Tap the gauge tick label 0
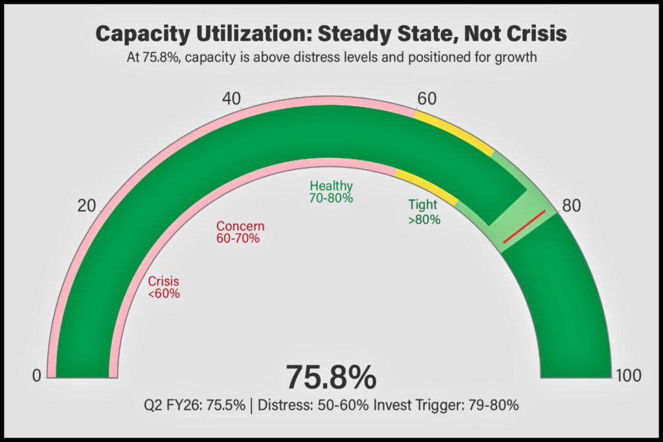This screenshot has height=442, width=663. (x=37, y=375)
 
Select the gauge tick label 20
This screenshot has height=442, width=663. (x=87, y=206)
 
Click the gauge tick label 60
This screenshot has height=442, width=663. (x=427, y=99)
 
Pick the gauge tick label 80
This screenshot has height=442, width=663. (x=571, y=206)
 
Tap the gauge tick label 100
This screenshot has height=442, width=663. (x=629, y=375)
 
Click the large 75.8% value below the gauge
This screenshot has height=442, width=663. (x=331, y=377)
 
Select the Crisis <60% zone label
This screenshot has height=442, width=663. (x=163, y=288)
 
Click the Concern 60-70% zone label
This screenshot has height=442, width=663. (x=240, y=232)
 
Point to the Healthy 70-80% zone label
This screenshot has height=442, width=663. (x=331, y=192)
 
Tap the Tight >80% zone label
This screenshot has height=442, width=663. (x=424, y=212)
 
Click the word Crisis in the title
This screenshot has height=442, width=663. (x=535, y=34)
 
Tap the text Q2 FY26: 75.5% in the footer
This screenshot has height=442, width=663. (x=195, y=406)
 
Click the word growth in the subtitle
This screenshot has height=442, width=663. (x=515, y=58)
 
